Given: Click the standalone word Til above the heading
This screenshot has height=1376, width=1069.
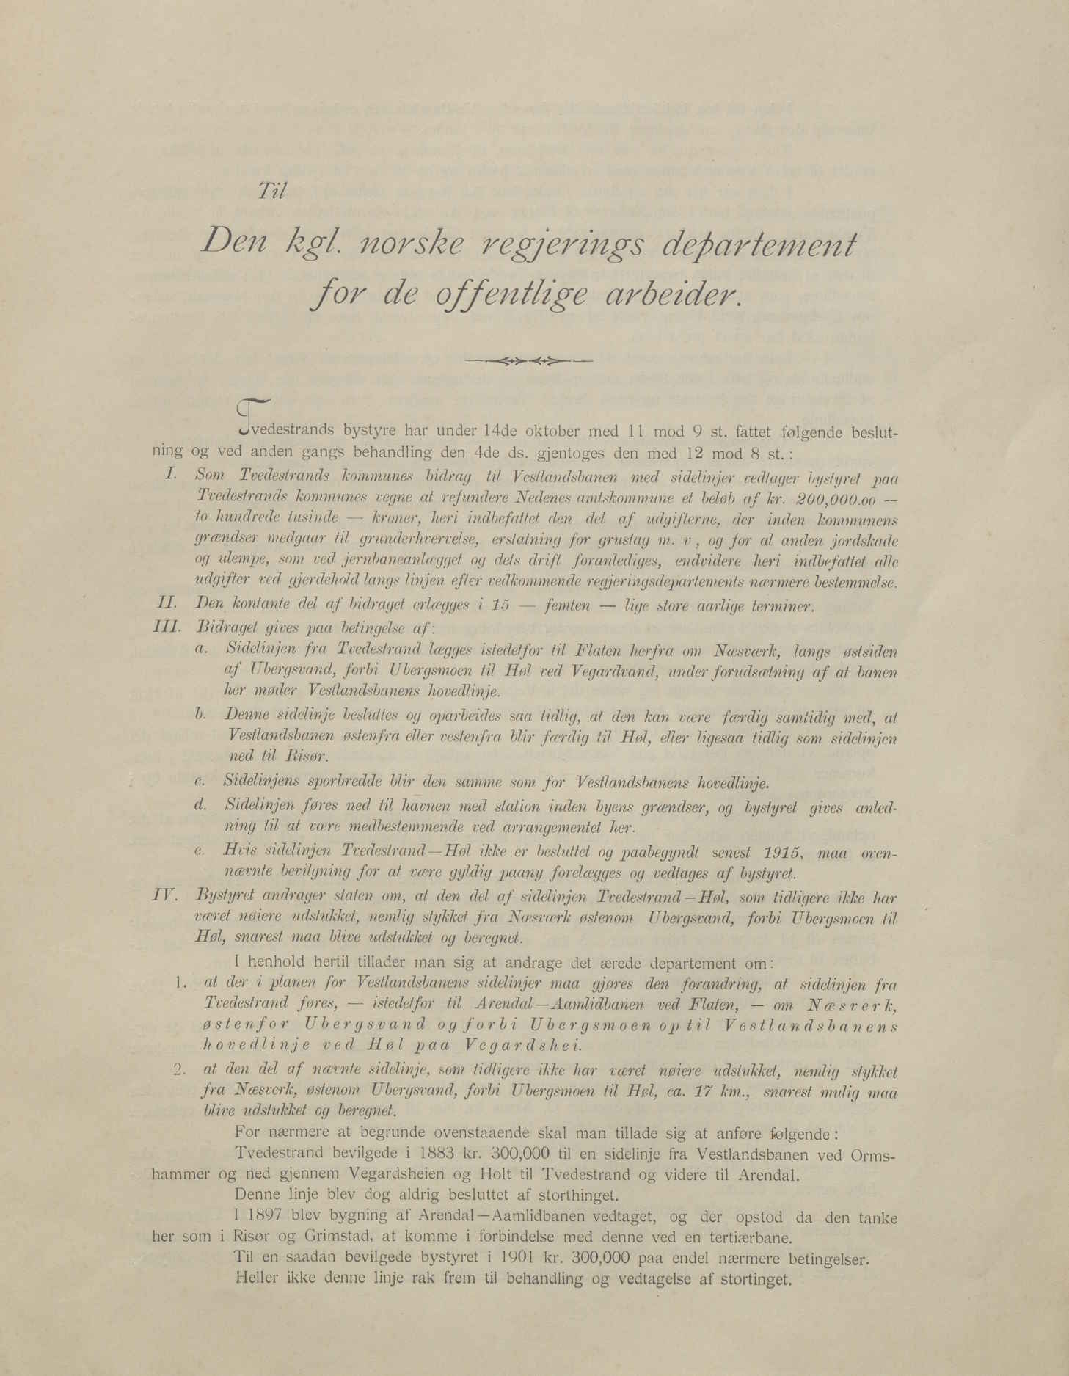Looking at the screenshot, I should point(271,192).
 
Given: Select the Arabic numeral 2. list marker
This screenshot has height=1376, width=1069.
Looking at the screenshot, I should point(176,1070).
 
